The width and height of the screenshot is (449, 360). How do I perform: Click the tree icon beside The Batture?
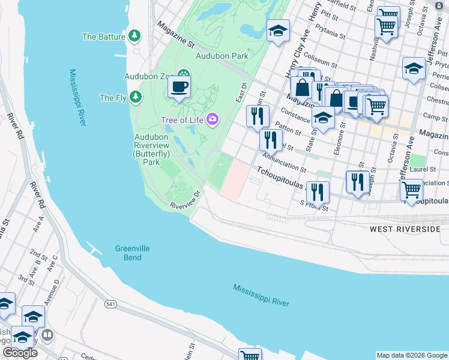pyautogui.click(x=134, y=36)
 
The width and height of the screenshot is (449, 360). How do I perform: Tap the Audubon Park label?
pyautogui.click(x=221, y=56)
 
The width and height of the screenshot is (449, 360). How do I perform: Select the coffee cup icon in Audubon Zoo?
pyautogui.click(x=179, y=88)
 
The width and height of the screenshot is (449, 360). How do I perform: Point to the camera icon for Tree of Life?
pyautogui.click(x=211, y=120)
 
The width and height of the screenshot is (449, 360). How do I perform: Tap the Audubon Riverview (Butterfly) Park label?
pyautogui.click(x=147, y=149)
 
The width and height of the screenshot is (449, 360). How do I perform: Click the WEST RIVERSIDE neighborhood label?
pyautogui.click(x=405, y=229)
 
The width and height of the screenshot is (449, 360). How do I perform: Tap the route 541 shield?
pyautogui.click(x=111, y=305)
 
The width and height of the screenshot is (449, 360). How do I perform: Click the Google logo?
pyautogui.click(x=20, y=353)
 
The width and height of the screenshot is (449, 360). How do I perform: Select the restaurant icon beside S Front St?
pyautogui.click(x=318, y=193)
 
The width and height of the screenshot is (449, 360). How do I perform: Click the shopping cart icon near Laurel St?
pyautogui.click(x=411, y=190)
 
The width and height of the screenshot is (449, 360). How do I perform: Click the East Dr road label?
pyautogui.click(x=241, y=93)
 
